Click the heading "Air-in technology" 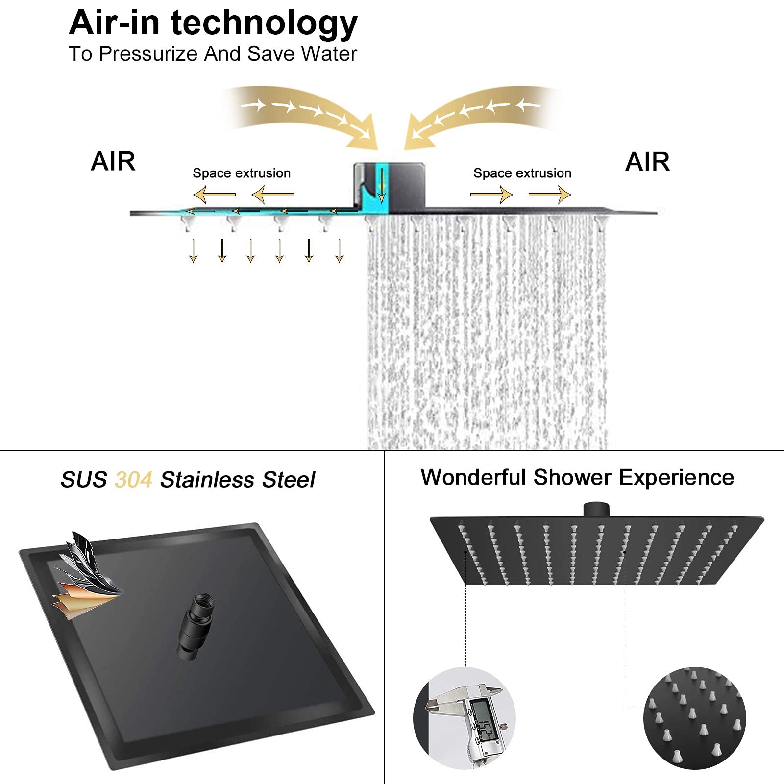(x=213, y=23)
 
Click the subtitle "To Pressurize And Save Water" (x=213, y=54)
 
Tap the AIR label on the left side (x=113, y=162)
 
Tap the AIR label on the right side (x=647, y=162)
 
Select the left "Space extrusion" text (x=242, y=173)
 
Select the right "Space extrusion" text (x=522, y=173)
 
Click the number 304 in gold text (x=133, y=480)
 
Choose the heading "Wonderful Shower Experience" (x=577, y=477)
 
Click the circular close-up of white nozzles (x=694, y=718)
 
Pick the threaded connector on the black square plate (x=195, y=627)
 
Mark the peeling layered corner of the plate (x=86, y=576)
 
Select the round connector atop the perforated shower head (x=596, y=509)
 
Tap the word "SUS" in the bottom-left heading (x=84, y=480)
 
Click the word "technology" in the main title (x=265, y=23)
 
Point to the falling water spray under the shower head (x=488, y=333)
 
